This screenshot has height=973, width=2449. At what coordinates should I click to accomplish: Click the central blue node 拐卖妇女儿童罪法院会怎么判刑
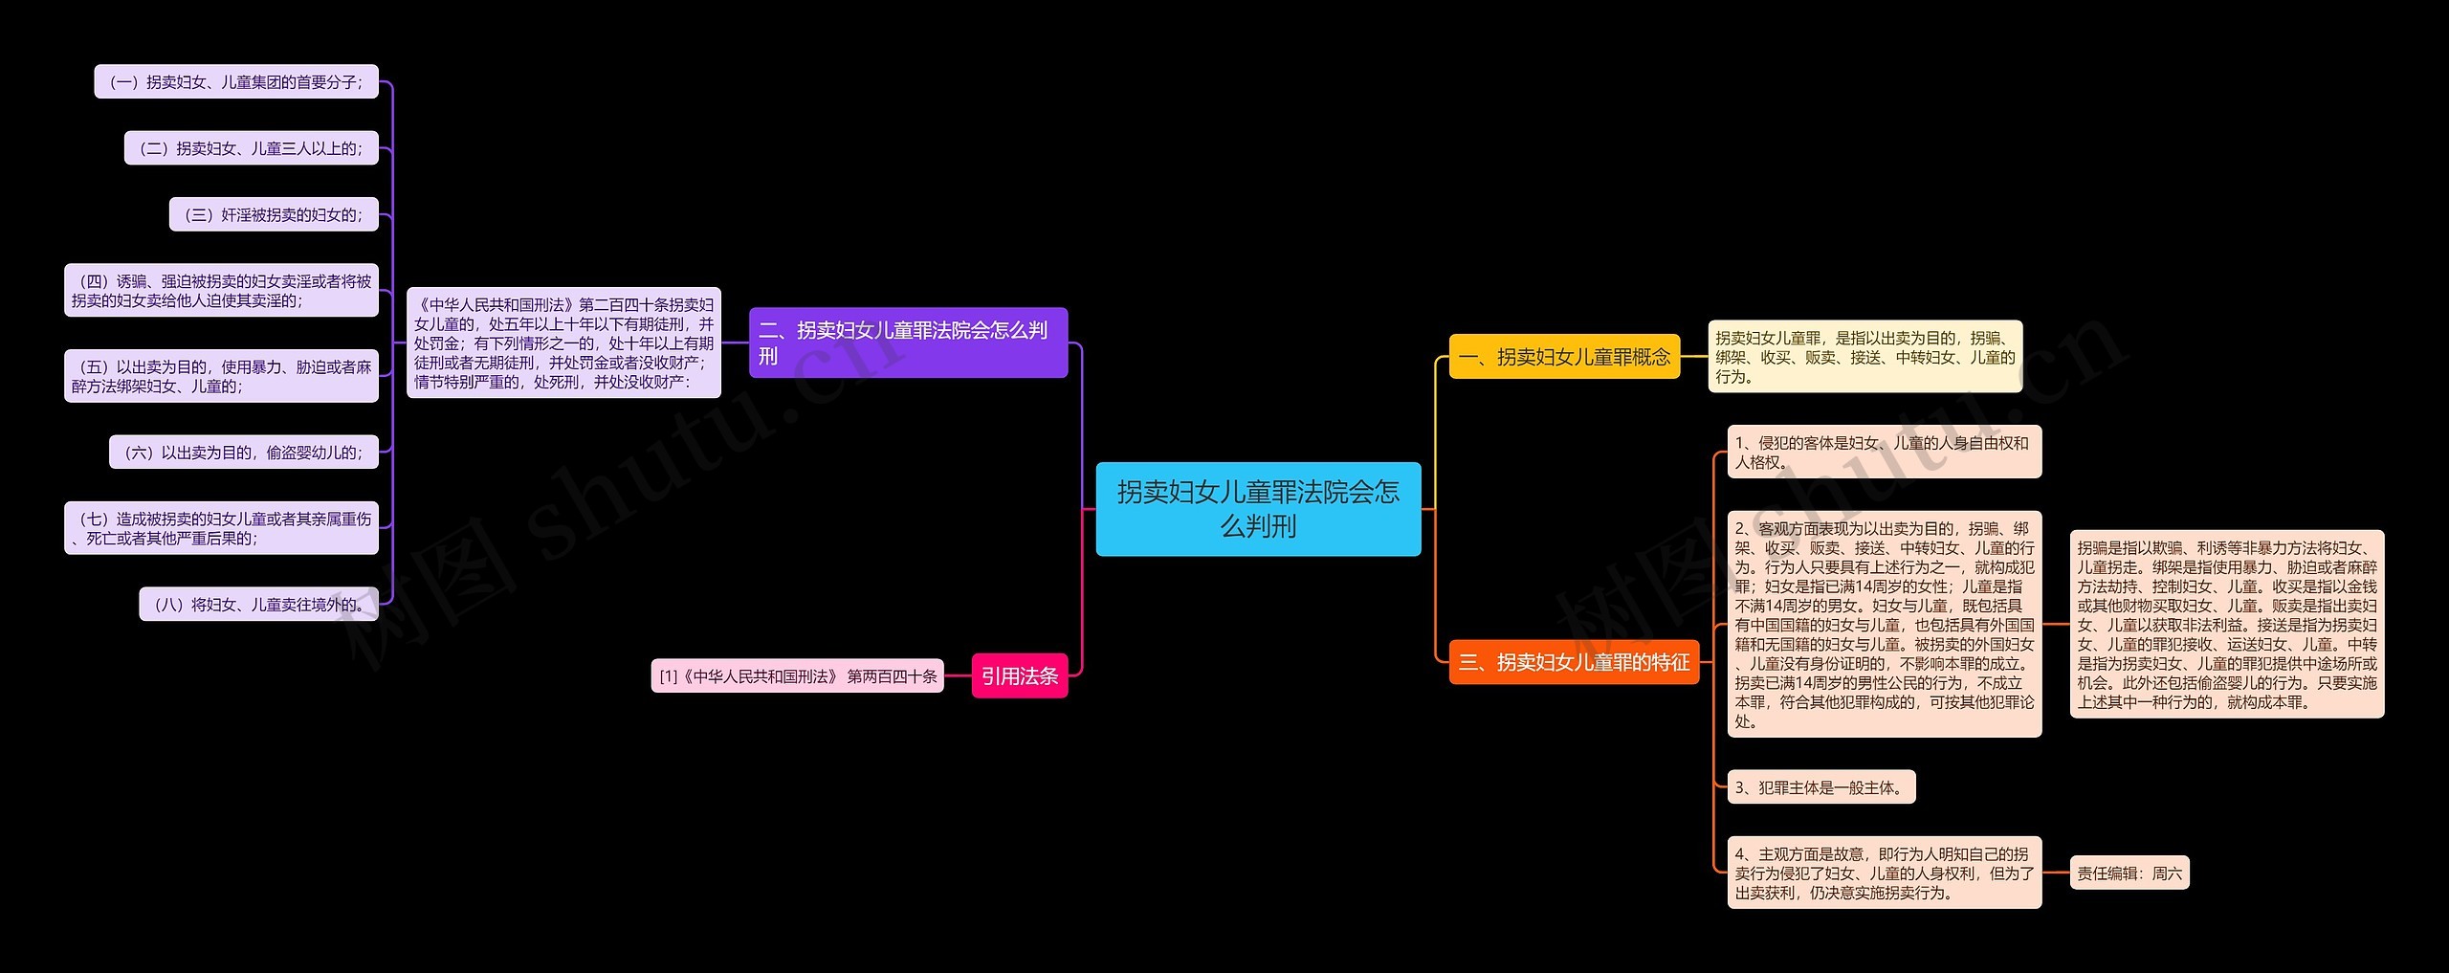(1258, 508)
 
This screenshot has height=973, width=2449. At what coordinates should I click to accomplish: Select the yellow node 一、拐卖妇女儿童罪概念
(1564, 357)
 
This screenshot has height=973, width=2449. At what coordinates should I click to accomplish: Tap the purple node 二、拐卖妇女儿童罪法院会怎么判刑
(907, 343)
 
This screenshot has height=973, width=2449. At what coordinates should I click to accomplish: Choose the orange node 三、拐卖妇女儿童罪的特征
(1574, 662)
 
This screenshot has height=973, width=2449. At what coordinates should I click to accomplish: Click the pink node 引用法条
(1019, 676)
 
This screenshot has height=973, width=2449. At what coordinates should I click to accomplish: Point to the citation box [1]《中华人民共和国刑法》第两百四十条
(797, 676)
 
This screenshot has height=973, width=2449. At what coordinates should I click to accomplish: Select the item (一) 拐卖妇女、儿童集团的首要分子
(236, 82)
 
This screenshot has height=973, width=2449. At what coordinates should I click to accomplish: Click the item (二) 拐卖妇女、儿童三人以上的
(252, 148)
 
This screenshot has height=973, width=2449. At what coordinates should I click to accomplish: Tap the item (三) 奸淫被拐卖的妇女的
(274, 215)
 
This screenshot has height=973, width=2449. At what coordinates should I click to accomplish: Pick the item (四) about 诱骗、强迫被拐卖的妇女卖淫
(221, 291)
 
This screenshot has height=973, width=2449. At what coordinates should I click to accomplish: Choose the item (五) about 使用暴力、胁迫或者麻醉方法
(221, 376)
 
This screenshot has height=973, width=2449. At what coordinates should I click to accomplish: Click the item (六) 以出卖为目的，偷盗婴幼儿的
(244, 453)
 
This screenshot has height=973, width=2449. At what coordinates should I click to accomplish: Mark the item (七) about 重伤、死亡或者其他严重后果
(221, 528)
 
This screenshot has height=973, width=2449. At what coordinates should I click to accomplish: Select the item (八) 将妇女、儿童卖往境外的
(258, 605)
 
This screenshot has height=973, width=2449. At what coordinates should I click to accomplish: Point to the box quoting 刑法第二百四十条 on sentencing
(563, 343)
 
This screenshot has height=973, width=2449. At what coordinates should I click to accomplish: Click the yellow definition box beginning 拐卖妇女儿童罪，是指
(1864, 357)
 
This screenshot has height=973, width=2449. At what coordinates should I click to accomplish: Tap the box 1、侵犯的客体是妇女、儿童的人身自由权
(1884, 453)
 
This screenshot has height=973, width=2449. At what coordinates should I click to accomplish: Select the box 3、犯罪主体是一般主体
(1820, 787)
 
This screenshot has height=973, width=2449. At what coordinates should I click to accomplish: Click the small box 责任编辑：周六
(2129, 873)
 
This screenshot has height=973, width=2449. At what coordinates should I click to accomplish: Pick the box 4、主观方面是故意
(1884, 873)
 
